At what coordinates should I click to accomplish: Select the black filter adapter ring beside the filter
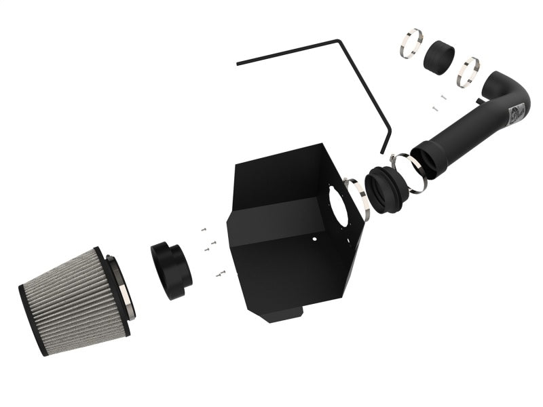(171, 270)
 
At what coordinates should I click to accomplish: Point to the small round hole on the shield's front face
(313, 239)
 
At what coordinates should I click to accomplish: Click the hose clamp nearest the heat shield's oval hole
(358, 199)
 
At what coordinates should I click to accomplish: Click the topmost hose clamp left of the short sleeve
(411, 43)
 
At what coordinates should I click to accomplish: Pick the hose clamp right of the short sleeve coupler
(468, 73)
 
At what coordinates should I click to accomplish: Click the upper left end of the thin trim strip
(238, 64)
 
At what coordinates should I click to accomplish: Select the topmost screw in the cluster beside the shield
(202, 231)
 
